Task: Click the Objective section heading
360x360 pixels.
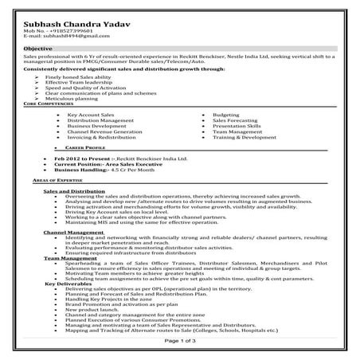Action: coord(37,48)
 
